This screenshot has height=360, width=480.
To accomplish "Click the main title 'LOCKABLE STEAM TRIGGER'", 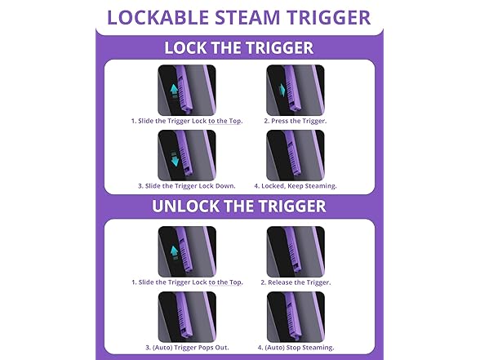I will point(239,16).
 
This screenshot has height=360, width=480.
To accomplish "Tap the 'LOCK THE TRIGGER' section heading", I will point(239,47).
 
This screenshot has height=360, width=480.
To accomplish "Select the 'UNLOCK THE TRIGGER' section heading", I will point(239,206).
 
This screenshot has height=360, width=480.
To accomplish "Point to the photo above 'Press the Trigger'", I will point(296,90).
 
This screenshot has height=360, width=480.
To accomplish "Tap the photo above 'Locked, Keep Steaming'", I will point(296,154).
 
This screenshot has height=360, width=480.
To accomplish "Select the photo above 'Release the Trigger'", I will point(296,251).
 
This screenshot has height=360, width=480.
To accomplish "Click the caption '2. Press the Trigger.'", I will point(295,121).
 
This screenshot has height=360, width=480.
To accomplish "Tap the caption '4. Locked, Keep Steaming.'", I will point(296,185).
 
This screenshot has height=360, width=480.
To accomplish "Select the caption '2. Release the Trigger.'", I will point(296,282).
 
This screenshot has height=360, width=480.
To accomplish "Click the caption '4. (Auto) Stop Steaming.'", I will point(296,347).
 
